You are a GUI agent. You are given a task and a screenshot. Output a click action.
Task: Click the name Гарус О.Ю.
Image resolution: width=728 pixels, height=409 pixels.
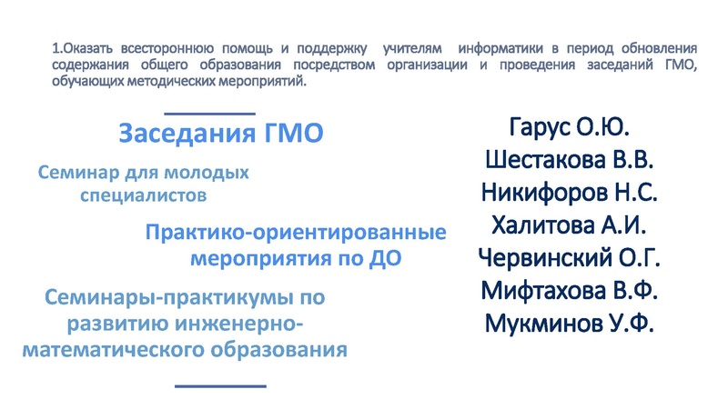[x=570, y=126]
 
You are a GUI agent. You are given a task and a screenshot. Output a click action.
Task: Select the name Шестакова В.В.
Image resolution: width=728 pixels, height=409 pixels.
[x=570, y=160]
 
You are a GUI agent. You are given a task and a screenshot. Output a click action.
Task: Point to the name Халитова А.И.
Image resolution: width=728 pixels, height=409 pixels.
[x=570, y=225]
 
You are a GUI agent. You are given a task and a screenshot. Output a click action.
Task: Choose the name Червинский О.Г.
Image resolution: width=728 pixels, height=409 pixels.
[x=570, y=258]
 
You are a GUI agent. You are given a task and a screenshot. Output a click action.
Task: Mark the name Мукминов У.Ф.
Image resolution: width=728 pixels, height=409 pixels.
[x=570, y=324]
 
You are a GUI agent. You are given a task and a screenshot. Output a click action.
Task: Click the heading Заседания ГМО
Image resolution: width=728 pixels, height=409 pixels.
[x=221, y=134]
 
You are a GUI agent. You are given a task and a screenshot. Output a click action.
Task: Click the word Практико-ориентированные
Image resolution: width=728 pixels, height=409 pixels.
[x=296, y=233]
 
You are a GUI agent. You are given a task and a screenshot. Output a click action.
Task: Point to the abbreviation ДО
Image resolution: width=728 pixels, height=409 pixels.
[x=385, y=258]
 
